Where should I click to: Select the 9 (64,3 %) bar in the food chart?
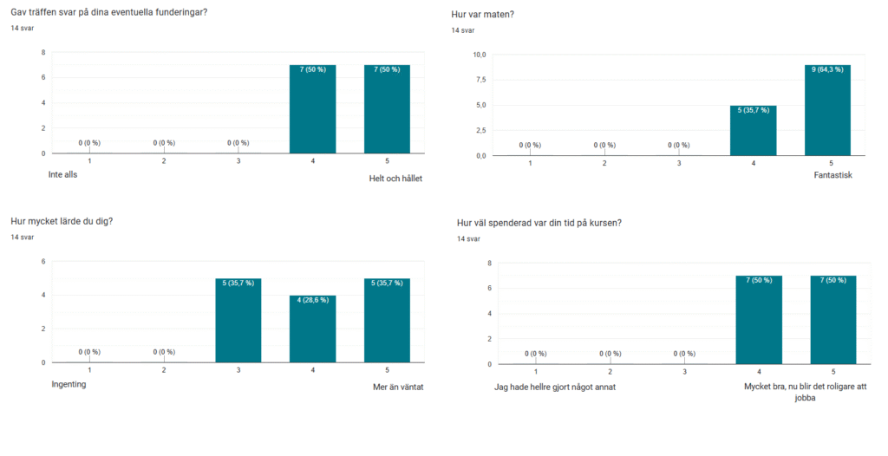pyautogui.click(x=827, y=110)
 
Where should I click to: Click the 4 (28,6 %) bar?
pyautogui.click(x=312, y=329)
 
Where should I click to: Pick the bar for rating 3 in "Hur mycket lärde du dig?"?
pyautogui.click(x=238, y=320)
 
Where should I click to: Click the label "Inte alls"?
pyautogui.click(x=69, y=174)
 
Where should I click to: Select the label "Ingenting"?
pyautogui.click(x=69, y=385)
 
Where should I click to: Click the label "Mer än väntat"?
pyautogui.click(x=397, y=387)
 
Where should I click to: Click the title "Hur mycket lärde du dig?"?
pyautogui.click(x=62, y=221)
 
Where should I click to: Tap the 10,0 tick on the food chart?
pyautogui.click(x=478, y=55)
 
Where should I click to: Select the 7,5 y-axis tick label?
pyautogui.click(x=480, y=80)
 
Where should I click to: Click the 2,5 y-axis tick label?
pyautogui.click(x=480, y=130)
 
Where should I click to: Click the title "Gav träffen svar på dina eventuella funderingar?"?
pyautogui.click(x=108, y=11)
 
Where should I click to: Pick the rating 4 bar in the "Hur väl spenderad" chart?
pyautogui.click(x=759, y=320)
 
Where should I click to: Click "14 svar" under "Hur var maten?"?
pyautogui.click(x=463, y=30)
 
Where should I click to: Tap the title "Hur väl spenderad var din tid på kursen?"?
pyautogui.click(x=539, y=223)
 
